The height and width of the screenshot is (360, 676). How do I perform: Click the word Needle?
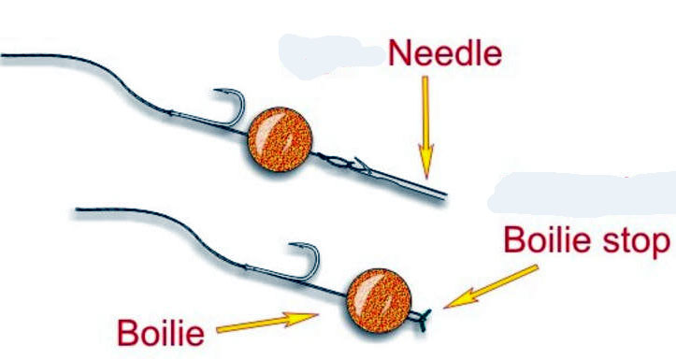(445, 53)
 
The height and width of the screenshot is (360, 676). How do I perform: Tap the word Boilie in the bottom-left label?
(161, 333)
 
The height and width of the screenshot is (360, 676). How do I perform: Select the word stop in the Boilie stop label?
(636, 239)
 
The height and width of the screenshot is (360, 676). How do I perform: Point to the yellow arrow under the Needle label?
(425, 127)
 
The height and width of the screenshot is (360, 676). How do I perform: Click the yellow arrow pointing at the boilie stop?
(491, 287)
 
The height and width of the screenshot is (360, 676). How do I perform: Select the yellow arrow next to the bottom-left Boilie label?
(267, 323)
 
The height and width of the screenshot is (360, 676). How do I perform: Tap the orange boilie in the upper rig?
(280, 139)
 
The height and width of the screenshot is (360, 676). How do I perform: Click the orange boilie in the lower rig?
(379, 300)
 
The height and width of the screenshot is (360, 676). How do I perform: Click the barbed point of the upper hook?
(216, 91)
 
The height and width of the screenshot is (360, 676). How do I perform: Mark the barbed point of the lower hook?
(291, 245)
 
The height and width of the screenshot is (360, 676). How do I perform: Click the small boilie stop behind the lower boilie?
(423, 320)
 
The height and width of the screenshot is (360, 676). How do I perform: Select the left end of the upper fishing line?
(2, 55)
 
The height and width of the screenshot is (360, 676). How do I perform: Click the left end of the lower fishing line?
(77, 209)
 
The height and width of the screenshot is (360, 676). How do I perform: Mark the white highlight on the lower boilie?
(363, 290)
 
